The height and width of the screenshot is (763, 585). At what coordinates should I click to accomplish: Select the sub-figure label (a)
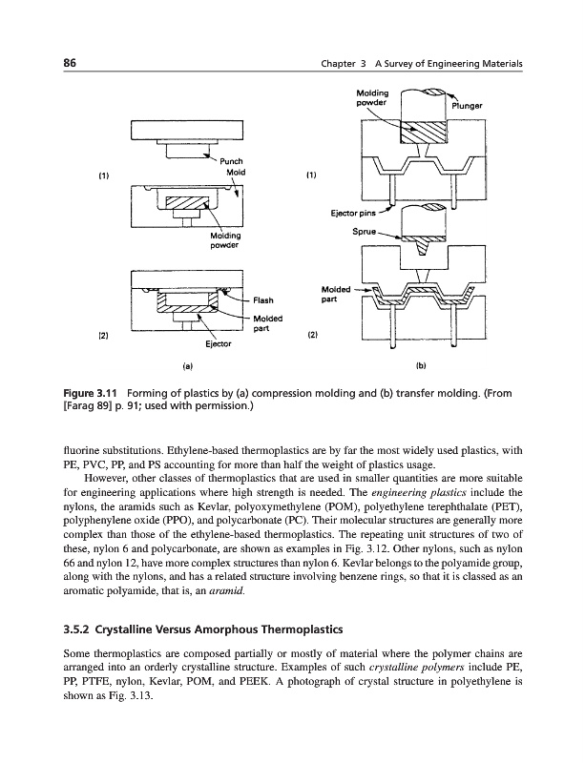point(188,363)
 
